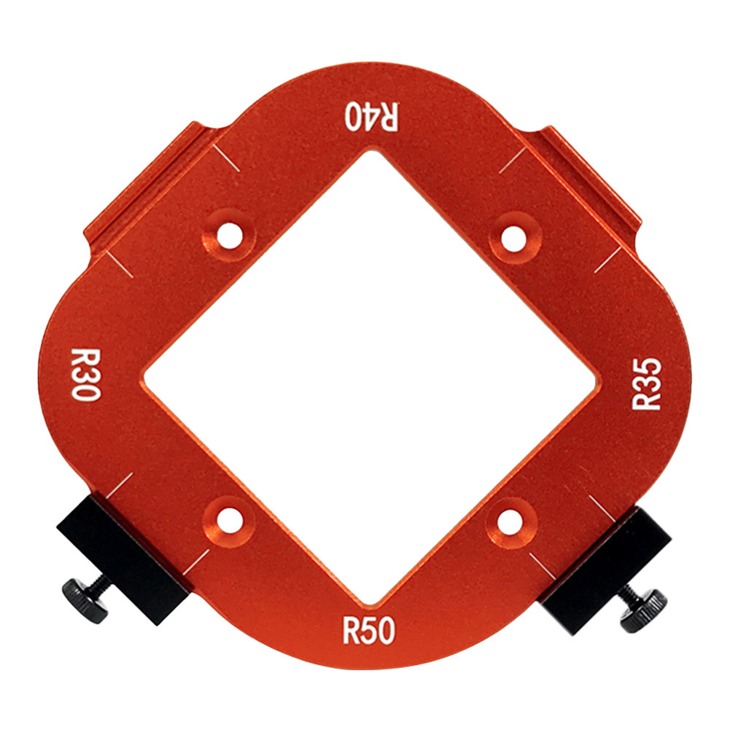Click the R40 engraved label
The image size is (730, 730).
[371, 116]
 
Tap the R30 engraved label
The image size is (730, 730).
[85, 374]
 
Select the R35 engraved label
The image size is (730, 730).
[646, 384]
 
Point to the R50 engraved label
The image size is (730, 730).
[369, 630]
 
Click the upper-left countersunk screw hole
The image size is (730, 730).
[230, 236]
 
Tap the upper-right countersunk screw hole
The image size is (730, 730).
[513, 238]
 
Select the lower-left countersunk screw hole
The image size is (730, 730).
[230, 521]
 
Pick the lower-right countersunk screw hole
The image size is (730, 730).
[510, 523]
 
